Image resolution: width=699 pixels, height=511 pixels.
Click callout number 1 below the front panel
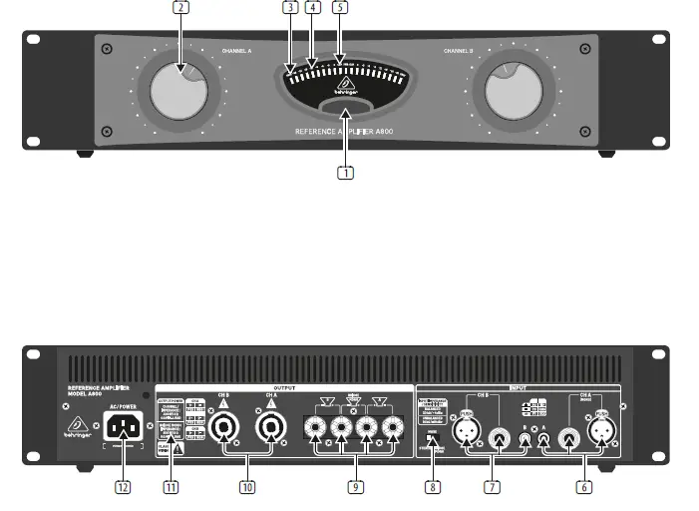tap(345, 172)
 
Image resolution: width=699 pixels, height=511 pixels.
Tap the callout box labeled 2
tap(180, 8)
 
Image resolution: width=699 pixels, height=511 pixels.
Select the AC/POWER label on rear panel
tap(121, 407)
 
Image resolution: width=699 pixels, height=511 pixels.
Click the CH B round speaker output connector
tap(222, 430)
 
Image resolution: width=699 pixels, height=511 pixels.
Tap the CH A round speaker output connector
tap(269, 430)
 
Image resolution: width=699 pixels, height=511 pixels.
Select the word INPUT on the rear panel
tap(518, 388)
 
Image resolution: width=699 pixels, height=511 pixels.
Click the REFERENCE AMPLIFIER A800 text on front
tap(344, 131)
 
